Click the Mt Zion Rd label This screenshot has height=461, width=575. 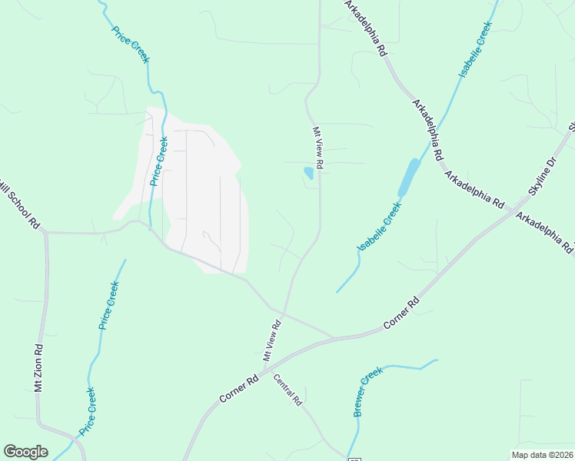(38, 369)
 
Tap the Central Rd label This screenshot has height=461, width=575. (287, 391)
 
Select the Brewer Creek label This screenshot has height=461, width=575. (368, 392)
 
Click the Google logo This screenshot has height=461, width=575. (25, 452)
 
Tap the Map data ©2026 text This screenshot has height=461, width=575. (542, 455)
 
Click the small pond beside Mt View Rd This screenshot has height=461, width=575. (308, 173)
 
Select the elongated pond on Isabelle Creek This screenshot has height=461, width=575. (409, 176)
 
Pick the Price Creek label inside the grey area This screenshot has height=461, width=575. (159, 160)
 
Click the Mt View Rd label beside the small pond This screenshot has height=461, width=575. (317, 148)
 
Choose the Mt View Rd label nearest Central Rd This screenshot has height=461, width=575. (273, 341)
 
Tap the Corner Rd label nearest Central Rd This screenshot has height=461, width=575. (238, 389)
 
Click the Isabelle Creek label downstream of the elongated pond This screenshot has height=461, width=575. (380, 227)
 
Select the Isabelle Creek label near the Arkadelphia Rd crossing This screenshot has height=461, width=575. (475, 49)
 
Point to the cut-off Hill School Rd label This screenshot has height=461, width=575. (21, 208)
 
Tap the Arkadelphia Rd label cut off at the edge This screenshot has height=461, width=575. (545, 233)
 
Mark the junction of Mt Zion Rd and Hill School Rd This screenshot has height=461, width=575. (45, 232)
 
